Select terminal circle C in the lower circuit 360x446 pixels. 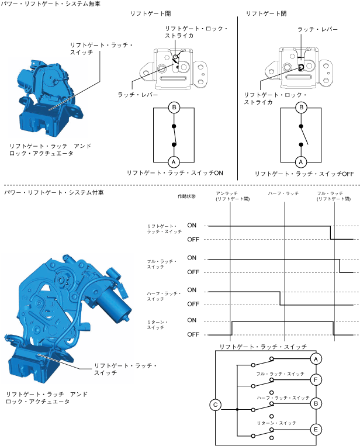(215, 404)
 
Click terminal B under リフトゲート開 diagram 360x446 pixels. (173, 108)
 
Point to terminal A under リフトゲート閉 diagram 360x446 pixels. (300, 161)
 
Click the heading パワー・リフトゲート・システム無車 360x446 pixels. (51, 4)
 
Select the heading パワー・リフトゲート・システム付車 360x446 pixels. (51, 192)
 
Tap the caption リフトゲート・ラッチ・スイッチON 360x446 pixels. (175, 173)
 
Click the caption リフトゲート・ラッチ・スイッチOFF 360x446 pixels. (304, 174)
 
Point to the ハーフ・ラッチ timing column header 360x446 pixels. (283, 192)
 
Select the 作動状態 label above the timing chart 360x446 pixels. (186, 196)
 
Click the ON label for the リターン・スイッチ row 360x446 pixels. (192, 320)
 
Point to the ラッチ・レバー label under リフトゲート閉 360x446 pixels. (317, 29)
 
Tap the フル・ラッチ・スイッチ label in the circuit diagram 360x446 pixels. (281, 373)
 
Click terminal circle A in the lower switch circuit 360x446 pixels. (316, 358)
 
